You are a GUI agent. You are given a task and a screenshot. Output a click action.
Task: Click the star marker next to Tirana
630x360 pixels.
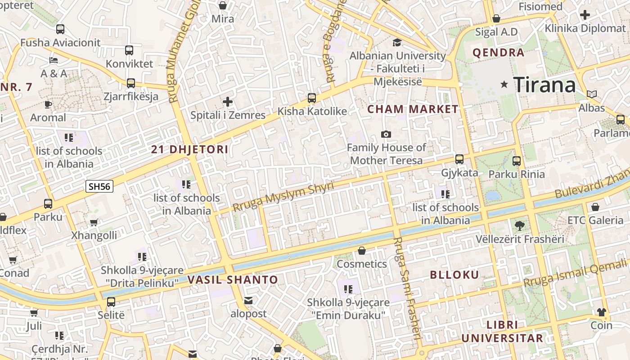pos(504,84)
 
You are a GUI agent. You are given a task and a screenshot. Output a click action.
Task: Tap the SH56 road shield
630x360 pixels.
pos(99,186)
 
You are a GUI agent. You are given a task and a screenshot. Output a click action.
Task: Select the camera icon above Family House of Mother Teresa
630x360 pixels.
pos(386,134)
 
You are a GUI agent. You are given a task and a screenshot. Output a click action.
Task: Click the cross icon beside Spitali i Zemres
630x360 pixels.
pos(228,102)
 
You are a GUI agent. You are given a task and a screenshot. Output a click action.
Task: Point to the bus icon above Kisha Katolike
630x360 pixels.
pos(311,98)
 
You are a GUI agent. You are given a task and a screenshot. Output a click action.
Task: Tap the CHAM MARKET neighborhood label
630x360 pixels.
pos(413,109)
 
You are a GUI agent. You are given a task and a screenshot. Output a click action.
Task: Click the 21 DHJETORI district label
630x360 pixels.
pos(190,149)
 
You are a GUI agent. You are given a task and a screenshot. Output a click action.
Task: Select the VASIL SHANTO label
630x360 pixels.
pos(233,279)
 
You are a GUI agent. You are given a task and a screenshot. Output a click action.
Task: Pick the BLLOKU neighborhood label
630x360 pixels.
pos(454,275)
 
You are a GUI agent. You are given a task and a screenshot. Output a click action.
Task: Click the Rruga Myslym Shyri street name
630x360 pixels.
pos(283,197)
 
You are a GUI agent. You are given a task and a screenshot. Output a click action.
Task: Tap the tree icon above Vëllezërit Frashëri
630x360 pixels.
pos(520,225)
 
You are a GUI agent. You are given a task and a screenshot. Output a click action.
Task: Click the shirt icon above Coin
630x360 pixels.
pos(601,312)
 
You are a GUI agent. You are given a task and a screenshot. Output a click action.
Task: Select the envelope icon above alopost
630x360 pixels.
pos(248,300)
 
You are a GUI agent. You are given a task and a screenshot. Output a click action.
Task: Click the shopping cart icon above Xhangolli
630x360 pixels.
pos(94,222)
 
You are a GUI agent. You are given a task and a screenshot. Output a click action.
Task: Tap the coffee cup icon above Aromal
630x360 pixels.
pos(48,104)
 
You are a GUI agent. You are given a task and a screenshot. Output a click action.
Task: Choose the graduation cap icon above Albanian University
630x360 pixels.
pos(397,42)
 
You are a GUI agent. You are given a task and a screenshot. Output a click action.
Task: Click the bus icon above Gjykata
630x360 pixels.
pos(459,159)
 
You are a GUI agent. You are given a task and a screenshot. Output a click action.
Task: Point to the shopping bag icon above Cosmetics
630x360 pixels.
pos(362,250)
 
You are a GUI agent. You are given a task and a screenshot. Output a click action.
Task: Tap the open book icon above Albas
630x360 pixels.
pos(591,94)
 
